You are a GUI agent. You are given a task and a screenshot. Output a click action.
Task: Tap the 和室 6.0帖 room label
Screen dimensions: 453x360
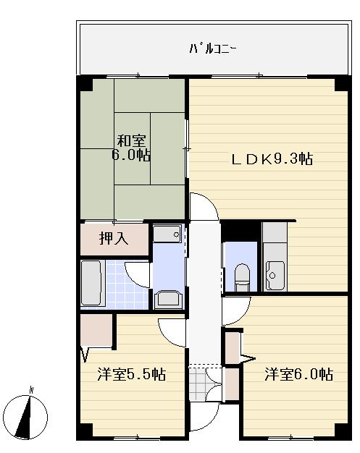131,148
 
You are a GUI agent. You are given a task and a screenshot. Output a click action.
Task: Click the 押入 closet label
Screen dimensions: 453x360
114,239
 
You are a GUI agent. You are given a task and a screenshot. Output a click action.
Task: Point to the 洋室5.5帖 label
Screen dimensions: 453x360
133,375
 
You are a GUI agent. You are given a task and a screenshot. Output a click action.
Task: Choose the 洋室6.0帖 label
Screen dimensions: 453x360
298,375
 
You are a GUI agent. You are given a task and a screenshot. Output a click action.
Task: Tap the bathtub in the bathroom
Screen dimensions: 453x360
91,282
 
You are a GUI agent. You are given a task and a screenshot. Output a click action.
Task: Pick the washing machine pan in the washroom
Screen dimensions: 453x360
169,298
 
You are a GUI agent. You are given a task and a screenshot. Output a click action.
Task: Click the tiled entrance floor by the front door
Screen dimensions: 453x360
196,382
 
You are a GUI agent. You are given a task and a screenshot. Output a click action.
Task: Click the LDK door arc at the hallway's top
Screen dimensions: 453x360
204,206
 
